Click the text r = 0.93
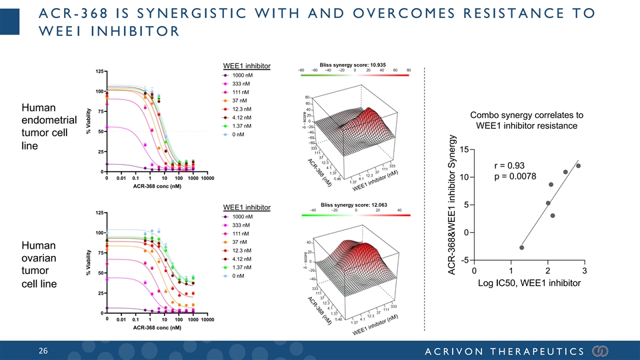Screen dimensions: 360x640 click(x=509, y=165)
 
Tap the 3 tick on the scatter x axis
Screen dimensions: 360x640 click(x=584, y=271)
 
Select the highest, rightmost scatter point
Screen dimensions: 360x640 click(x=578, y=165)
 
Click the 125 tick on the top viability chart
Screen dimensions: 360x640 click(x=98, y=71)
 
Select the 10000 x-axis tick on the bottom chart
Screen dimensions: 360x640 click(x=207, y=320)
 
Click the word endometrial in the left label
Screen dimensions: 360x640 click(x=49, y=121)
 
